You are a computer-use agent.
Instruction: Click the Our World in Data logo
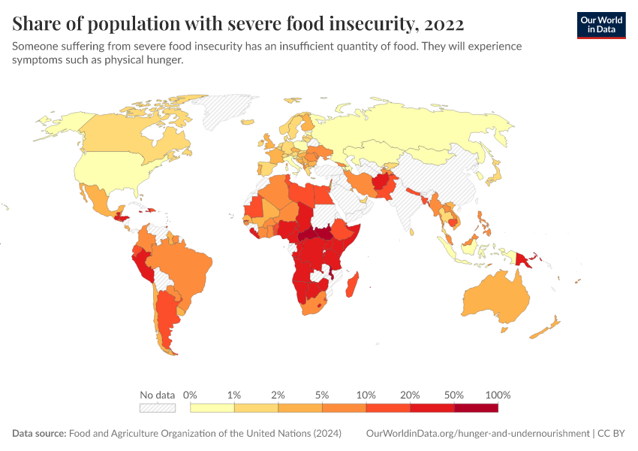coord(600,25)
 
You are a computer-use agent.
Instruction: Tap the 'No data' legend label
coord(157,395)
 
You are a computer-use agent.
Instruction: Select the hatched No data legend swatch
coord(157,408)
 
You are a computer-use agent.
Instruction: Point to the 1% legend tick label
coord(234,395)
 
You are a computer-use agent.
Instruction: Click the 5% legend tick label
coord(322,395)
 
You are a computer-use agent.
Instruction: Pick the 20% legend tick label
coord(410,395)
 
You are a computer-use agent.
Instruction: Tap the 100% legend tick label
coord(498,395)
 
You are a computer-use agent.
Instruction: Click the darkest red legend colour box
coord(476,408)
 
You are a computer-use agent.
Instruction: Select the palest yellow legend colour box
coord(212,408)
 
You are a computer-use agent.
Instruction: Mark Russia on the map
coord(405,132)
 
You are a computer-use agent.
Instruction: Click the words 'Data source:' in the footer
coord(39,434)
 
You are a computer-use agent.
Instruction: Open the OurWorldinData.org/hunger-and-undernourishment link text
coord(477,434)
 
